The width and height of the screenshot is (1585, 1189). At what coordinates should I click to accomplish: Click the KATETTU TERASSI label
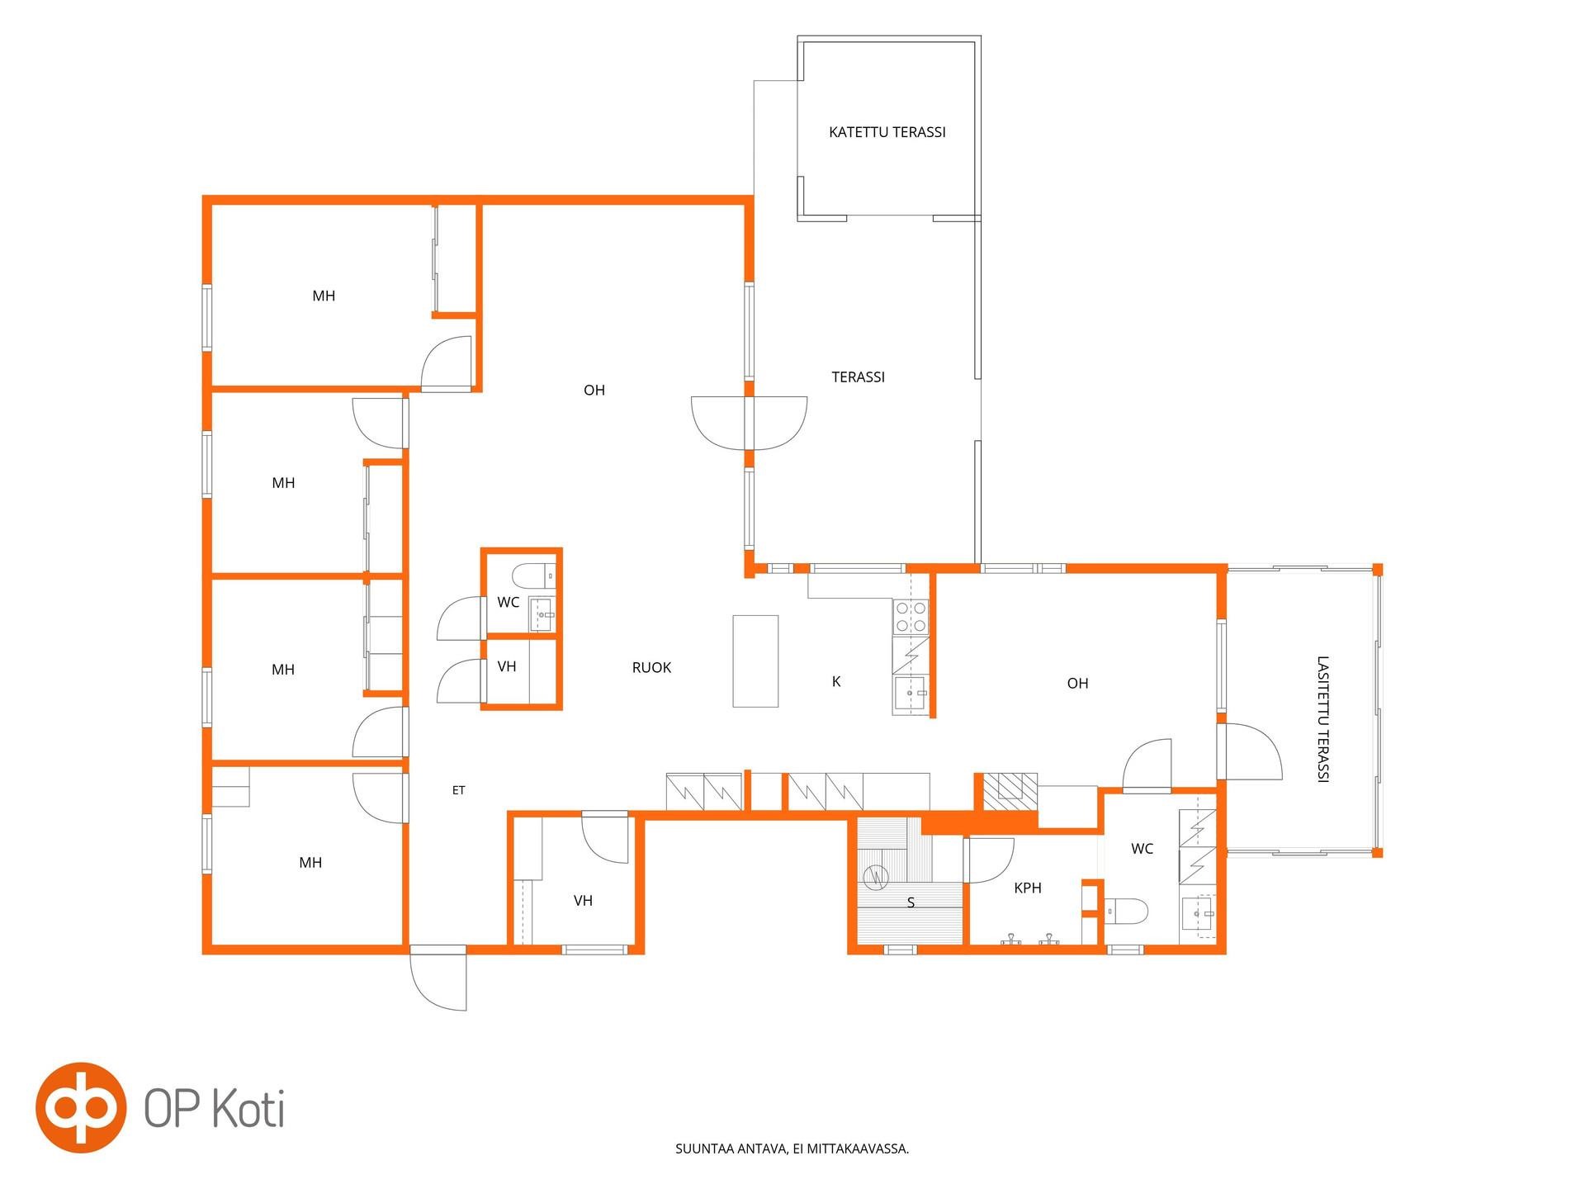coord(887,132)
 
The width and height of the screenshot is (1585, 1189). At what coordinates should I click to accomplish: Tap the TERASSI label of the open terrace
coord(858,377)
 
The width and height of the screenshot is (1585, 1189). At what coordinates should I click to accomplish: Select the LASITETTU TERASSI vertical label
coord(1322,718)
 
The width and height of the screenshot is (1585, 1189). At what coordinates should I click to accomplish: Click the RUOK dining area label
coord(651,667)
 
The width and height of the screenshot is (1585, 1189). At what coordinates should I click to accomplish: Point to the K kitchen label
coord(836,681)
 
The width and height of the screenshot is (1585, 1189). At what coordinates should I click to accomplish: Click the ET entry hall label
coord(458,790)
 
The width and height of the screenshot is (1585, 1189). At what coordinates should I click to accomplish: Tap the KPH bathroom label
coord(1028,888)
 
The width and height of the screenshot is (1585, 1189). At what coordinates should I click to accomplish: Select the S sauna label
coord(911,902)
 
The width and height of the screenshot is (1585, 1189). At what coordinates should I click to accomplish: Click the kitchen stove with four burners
coord(911,617)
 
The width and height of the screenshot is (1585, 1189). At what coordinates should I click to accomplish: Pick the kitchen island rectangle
coord(755,661)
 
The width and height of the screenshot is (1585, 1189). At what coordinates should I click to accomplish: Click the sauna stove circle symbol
coord(875,877)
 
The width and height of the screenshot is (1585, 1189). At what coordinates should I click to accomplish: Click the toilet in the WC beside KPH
coord(1126,912)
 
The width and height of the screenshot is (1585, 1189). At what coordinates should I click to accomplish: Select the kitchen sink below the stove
coord(911,694)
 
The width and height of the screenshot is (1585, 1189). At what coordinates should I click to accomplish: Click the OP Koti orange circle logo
coord(81,1107)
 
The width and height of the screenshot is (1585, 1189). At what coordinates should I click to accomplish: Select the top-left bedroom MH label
coord(324,296)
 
